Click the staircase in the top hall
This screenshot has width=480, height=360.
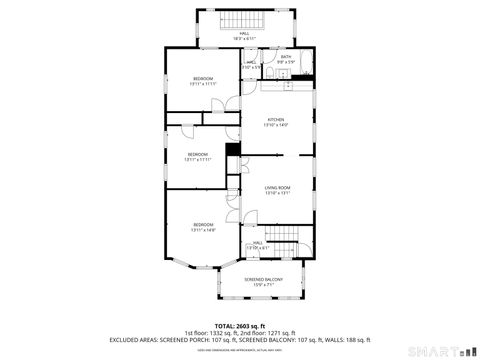(240, 23)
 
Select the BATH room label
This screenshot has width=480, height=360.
(285, 57)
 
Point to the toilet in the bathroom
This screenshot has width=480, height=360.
(271, 73)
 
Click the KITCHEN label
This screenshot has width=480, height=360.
(275, 120)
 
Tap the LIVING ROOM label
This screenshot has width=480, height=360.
(277, 187)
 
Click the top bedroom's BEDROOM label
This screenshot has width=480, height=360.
(203, 77)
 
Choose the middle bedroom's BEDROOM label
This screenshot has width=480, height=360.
(198, 153)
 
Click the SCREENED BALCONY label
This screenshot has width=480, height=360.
(264, 279)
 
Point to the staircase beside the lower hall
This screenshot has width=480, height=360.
(285, 247)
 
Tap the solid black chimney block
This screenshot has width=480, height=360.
(233, 151)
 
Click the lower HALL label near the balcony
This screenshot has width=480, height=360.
(257, 242)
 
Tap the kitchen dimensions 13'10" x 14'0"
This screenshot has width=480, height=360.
(275, 125)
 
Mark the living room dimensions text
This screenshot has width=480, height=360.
(277, 192)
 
